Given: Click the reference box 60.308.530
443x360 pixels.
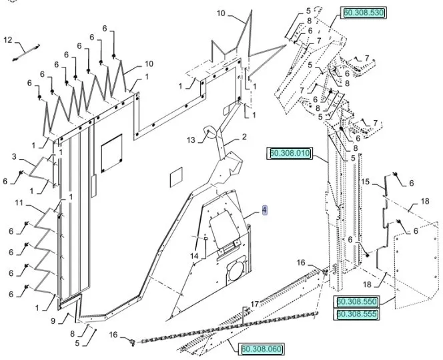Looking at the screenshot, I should (x=364, y=13).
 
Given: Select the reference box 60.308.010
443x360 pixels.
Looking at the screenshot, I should (x=290, y=154).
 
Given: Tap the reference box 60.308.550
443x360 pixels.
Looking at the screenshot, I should (x=356, y=303).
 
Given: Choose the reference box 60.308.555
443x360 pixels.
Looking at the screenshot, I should (x=356, y=314).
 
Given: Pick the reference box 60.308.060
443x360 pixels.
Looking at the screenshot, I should (x=262, y=348).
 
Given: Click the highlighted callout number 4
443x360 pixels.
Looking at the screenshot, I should (x=264, y=210).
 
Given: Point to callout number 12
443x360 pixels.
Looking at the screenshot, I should (x=8, y=40).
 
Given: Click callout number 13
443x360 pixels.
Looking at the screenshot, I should (x=191, y=140).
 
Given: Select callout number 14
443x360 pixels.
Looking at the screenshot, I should (x=193, y=256).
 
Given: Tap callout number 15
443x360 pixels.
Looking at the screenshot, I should (x=365, y=181).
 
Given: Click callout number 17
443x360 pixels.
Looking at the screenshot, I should (x=254, y=305).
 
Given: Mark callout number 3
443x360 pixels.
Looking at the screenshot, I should (x=14, y=156).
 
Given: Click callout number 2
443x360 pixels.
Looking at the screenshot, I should (x=244, y=137).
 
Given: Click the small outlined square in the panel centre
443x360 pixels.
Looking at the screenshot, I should (x=175, y=177).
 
